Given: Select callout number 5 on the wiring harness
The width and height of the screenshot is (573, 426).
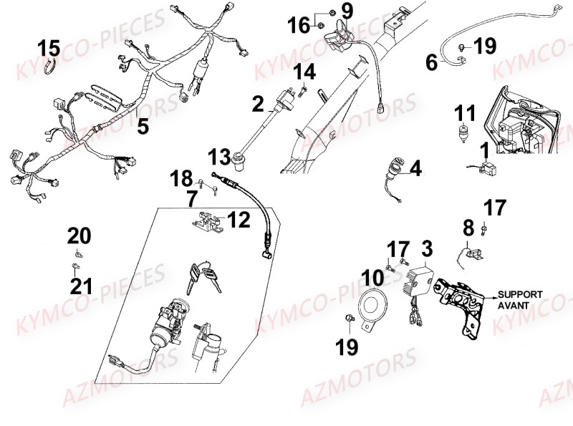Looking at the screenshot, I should pos(143,127).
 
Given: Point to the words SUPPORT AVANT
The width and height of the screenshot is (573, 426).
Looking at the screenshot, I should pos(521,299).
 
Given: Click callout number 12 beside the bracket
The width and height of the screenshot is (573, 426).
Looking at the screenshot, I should pos(239,220).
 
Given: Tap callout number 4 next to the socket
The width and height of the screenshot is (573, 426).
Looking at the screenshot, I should pos(415,170).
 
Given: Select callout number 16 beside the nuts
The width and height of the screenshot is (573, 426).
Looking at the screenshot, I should pos(299,26).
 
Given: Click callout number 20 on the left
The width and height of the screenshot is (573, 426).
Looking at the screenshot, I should pos(80,235).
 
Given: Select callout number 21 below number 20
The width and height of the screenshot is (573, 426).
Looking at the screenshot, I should pos(80,286).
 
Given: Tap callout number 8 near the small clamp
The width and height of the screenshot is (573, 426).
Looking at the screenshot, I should pos(468,229).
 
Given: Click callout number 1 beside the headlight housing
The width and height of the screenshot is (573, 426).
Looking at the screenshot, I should pos(485,150).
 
